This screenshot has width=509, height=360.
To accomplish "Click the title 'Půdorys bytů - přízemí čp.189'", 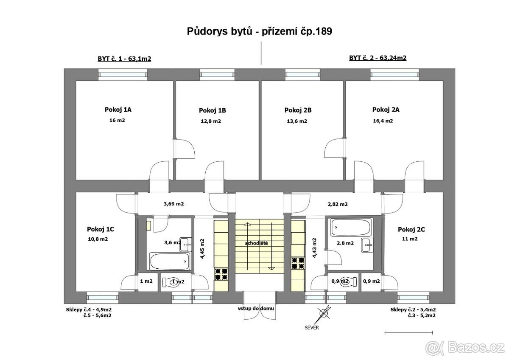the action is [x=259, y=31].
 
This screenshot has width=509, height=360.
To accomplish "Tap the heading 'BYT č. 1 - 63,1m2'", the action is [x=124, y=59].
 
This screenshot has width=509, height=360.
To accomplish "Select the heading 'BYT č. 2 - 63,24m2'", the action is [x=378, y=58].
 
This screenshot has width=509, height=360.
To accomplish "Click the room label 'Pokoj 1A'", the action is [x=118, y=110].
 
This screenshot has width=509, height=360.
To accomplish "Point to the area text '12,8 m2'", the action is [x=211, y=121].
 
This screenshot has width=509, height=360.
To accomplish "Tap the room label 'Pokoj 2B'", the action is [x=298, y=110].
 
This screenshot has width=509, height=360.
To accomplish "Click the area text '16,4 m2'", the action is [x=383, y=121].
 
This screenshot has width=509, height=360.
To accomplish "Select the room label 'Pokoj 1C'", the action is [x=101, y=229].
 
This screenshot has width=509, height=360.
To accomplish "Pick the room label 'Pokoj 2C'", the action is [x=411, y=230].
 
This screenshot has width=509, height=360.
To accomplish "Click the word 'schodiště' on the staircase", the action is [x=257, y=243].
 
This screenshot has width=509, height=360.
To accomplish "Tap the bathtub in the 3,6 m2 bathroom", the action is [x=170, y=262].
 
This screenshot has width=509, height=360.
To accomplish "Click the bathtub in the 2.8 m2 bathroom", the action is [x=351, y=227].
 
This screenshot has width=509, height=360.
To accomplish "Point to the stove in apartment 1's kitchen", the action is [x=221, y=274].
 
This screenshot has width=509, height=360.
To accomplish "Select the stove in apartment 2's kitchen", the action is [x=298, y=263].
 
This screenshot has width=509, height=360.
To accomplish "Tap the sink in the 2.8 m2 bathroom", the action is [x=367, y=245].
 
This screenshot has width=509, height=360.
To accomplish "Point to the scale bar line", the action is [x=408, y=333].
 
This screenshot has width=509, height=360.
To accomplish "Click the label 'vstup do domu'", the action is [x=256, y=309].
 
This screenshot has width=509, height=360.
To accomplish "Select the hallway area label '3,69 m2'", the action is [x=173, y=204].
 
